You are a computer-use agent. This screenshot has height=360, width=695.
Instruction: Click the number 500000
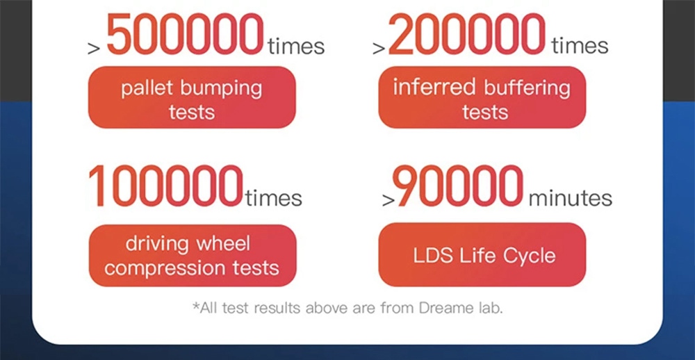186,34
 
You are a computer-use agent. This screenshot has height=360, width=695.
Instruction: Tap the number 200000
467,34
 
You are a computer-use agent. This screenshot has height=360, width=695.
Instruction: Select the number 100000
166,186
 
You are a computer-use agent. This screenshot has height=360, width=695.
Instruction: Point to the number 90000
458,186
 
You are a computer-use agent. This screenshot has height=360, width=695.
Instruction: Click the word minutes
570,198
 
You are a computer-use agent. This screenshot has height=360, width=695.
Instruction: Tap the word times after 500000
296,46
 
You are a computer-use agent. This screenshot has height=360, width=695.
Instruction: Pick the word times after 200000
580,46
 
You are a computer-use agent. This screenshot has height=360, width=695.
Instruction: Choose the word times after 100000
273,197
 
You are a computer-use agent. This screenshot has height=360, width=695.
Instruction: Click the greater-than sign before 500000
94,48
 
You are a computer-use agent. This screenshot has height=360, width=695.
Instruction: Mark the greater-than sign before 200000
379,48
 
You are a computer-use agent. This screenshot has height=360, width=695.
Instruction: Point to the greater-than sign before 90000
389,200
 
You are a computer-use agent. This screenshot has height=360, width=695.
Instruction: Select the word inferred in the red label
434,87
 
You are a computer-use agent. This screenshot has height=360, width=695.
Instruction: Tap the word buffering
526,88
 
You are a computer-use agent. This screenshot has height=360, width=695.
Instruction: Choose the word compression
160,268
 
